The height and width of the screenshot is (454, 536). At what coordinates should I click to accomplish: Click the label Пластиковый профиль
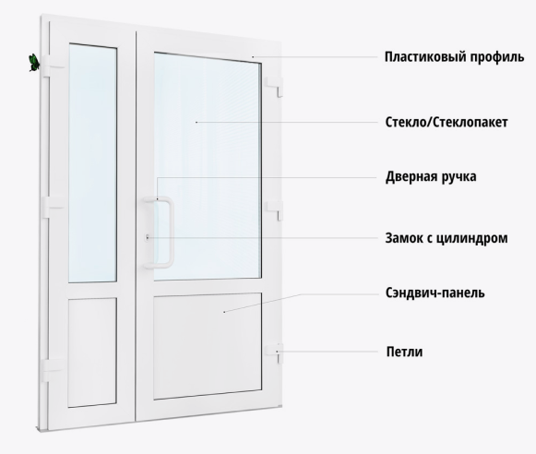click(x=454, y=57)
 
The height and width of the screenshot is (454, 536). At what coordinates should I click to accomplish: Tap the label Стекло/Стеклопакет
click(x=447, y=122)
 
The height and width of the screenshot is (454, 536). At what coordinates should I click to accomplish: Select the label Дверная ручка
click(x=431, y=177)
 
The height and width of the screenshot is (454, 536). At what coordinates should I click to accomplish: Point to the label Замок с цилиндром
click(x=447, y=238)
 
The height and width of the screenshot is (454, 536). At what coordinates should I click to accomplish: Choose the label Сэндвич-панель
click(x=435, y=293)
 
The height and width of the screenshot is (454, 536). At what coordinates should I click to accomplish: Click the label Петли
click(x=404, y=352)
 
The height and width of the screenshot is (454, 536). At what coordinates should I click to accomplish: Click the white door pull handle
click(x=169, y=233)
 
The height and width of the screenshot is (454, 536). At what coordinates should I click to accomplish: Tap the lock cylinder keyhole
click(x=147, y=237)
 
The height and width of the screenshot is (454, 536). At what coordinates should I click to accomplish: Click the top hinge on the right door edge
click(x=274, y=87)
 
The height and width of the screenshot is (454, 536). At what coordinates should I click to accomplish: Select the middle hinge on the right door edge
click(x=274, y=209)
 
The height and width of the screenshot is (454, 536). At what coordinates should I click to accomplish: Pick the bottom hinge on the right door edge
click(x=274, y=353)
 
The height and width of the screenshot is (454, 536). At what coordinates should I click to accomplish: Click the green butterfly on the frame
click(x=33, y=63)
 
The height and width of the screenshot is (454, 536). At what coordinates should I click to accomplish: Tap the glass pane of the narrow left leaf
click(x=92, y=163)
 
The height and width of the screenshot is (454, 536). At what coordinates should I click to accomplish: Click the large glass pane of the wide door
click(x=208, y=167)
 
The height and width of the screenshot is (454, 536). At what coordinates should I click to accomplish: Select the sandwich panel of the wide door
click(x=208, y=346)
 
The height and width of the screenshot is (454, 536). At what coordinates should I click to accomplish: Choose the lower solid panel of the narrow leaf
click(x=92, y=352)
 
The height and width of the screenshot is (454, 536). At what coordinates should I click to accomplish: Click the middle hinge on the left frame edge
click(x=53, y=207)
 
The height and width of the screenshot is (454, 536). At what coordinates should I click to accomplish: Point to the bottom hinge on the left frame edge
click(x=53, y=370)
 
